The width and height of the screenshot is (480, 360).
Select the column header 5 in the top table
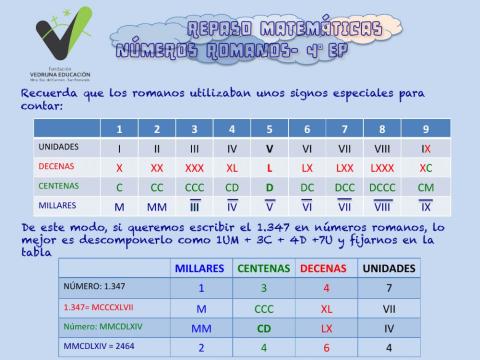[x=269, y=128]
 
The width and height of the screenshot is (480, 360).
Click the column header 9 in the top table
[x=425, y=128]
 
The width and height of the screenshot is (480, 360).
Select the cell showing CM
[x=425, y=186]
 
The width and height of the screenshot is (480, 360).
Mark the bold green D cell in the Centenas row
[x=269, y=186]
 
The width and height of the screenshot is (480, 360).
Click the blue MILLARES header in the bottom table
[x=199, y=268]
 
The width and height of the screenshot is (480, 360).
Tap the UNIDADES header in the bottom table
[x=389, y=268]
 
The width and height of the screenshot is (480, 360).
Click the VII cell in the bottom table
[x=389, y=307]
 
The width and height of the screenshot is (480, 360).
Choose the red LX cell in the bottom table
[x=326, y=327]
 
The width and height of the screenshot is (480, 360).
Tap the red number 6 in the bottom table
[x=326, y=347]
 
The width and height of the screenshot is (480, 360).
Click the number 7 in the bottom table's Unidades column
[x=389, y=286]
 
